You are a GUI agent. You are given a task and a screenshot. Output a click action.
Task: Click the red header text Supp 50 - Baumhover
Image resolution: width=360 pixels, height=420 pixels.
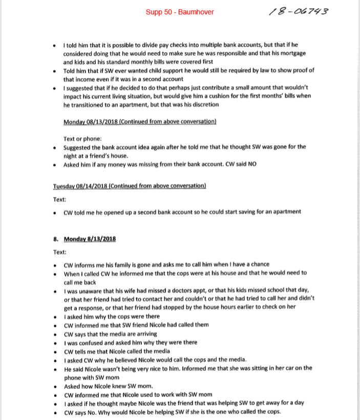(180, 12)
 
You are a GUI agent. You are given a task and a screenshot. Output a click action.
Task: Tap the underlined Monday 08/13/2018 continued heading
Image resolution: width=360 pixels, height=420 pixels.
(139, 121)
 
